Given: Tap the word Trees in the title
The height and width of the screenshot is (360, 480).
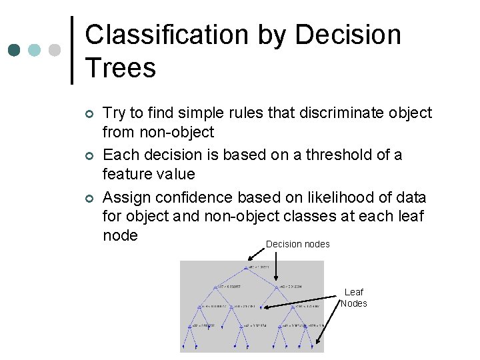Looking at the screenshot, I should (121, 68).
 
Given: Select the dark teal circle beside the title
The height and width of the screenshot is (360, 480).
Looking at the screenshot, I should (15, 50).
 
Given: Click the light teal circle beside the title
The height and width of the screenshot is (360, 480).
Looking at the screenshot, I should (35, 50).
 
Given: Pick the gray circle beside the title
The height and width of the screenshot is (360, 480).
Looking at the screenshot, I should (55, 50).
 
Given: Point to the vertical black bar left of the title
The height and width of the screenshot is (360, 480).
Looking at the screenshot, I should (72, 50).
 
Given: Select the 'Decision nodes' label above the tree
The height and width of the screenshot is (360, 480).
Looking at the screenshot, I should (297, 244).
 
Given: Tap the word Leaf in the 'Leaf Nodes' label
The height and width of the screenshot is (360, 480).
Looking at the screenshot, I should (353, 292).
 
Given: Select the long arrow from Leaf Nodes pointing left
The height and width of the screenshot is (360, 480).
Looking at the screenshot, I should (301, 303).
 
